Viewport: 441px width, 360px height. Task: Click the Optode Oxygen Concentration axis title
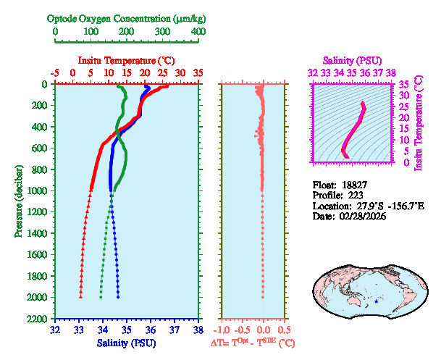point(127,18)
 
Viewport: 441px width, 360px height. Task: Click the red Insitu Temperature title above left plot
point(126,60)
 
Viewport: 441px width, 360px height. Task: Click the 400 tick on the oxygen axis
point(198,32)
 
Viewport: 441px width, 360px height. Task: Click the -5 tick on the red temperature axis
point(55,73)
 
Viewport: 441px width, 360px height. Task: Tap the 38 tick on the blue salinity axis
point(198,330)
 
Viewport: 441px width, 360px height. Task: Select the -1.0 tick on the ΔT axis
point(223,330)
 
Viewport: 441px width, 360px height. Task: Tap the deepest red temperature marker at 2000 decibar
point(80,297)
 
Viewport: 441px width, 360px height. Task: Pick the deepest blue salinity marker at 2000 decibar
point(118,297)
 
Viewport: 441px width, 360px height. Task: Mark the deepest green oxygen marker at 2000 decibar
point(101,297)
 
